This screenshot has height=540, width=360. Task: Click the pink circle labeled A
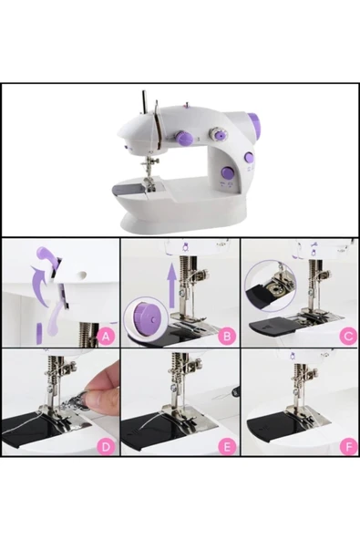click(106, 336)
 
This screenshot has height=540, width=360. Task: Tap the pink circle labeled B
click(227, 336)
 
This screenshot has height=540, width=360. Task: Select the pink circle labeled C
click(347, 336)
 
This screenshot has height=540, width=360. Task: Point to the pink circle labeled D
click(106, 446)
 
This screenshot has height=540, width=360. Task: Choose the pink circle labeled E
click(227, 446)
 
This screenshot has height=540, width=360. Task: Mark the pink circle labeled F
click(347, 446)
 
